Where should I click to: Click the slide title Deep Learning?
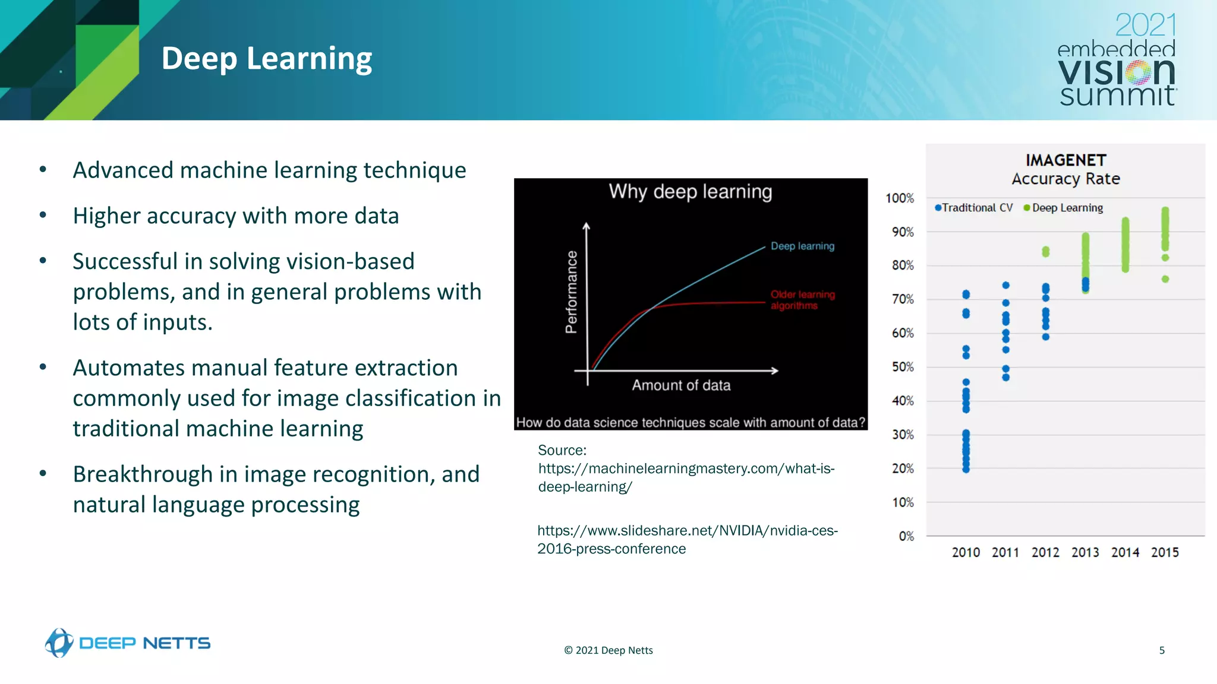coord(266,59)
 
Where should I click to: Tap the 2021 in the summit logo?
coord(1145,26)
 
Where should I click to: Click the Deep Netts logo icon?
coord(59,642)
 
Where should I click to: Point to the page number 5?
coord(1162,650)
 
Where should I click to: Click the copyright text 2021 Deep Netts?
coord(608,650)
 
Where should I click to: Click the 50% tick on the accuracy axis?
coord(903,367)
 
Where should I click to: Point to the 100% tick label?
coord(900,198)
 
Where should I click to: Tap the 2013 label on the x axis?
coord(1085,553)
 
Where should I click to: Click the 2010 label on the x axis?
coord(966,553)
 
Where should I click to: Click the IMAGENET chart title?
coord(1065,160)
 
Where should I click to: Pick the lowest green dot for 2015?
coord(1165,279)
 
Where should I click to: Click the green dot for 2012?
coord(1046,252)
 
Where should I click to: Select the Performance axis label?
coord(571,292)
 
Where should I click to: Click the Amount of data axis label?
coord(681,385)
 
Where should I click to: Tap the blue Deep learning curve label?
coord(802,246)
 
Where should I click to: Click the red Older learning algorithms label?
coord(802,300)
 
